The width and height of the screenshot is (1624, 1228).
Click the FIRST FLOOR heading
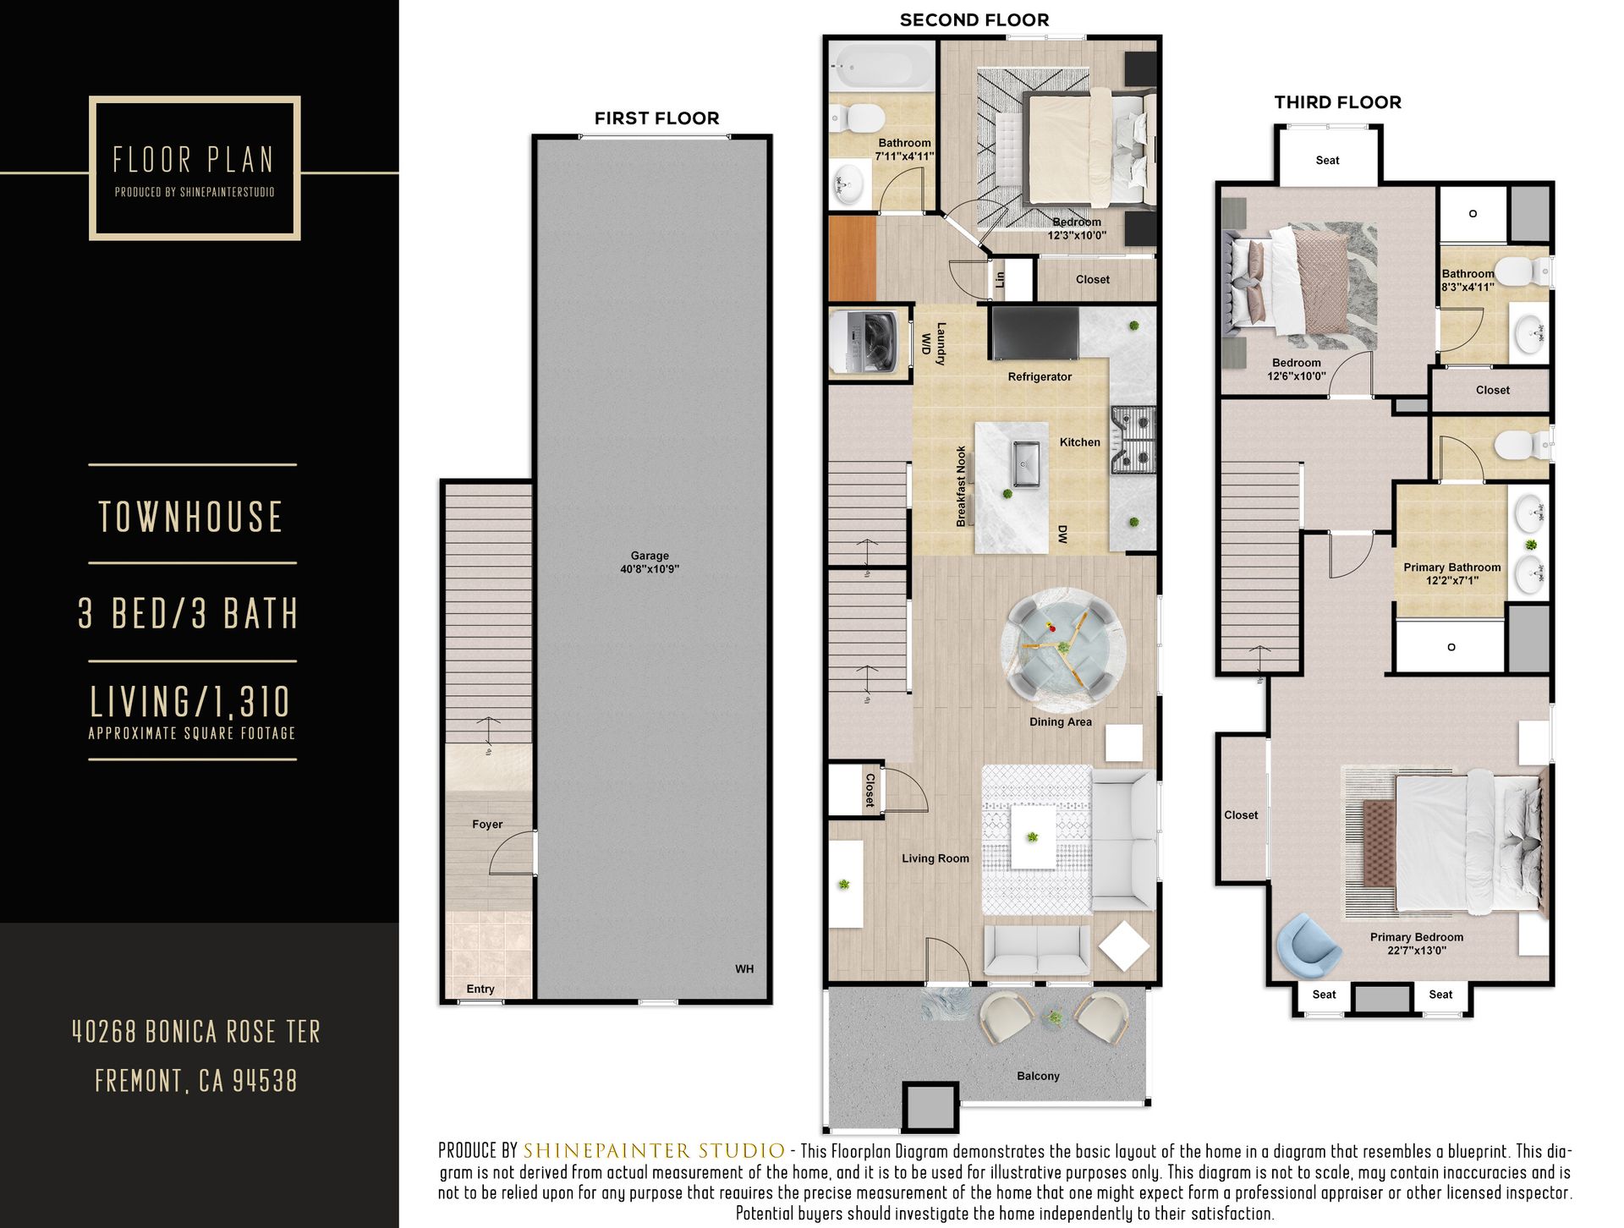click(x=656, y=118)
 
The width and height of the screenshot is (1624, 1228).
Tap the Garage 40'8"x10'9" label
click(x=650, y=562)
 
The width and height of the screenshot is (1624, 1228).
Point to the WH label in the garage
click(x=744, y=969)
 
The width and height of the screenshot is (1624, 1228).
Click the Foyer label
click(x=487, y=825)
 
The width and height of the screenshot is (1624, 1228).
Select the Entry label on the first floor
click(x=480, y=990)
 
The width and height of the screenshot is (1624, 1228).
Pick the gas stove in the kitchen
click(x=1133, y=440)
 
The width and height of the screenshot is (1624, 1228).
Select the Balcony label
click(x=1038, y=1076)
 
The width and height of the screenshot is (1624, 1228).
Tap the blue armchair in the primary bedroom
click(x=1308, y=946)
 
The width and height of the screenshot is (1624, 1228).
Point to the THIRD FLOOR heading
click(x=1338, y=102)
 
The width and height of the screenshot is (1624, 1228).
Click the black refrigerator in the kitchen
click(x=1034, y=332)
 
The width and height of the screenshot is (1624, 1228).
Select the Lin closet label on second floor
click(x=1001, y=279)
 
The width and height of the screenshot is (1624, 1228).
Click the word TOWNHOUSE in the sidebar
click(x=191, y=517)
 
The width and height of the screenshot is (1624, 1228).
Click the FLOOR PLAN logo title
click(x=194, y=160)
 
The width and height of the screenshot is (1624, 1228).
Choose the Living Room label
click(x=935, y=858)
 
